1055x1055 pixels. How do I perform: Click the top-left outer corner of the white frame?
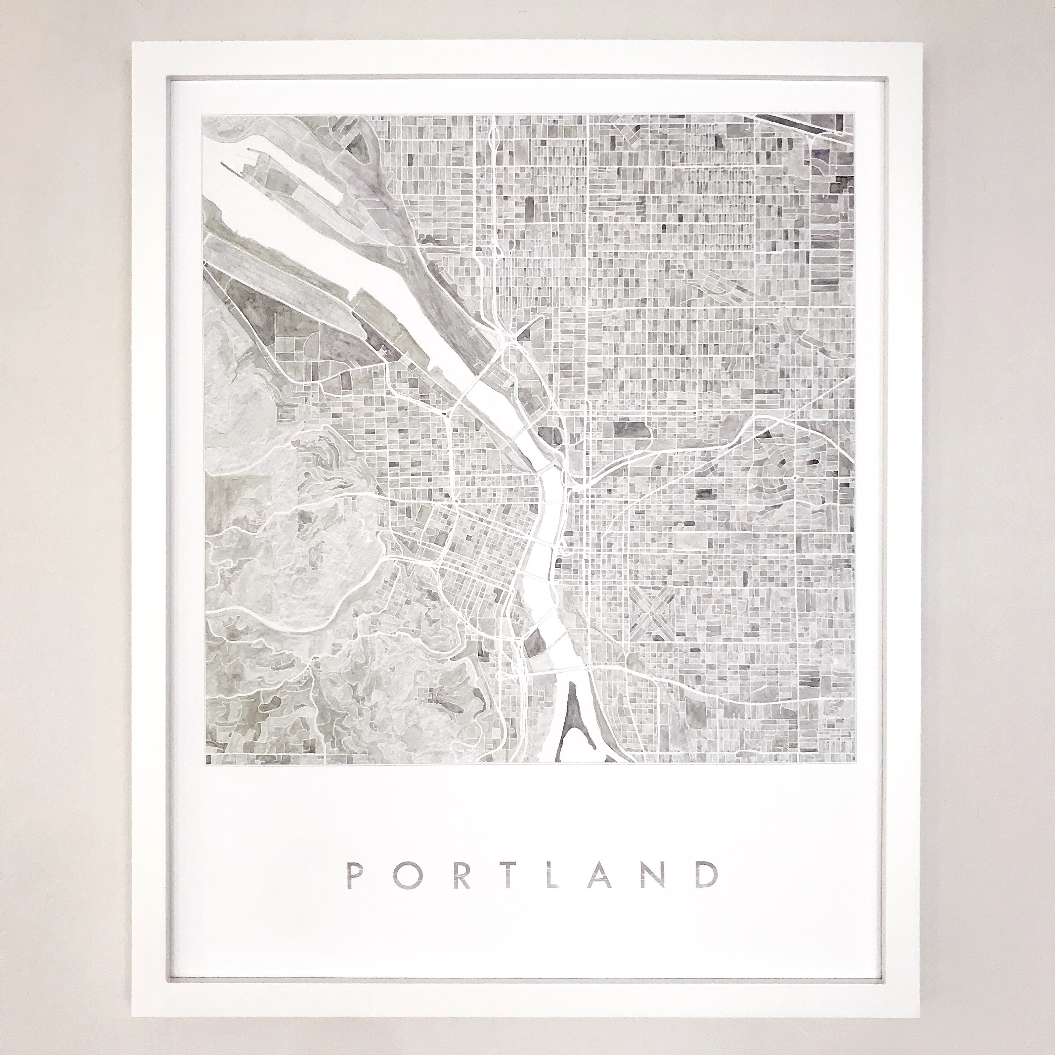(132, 40)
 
